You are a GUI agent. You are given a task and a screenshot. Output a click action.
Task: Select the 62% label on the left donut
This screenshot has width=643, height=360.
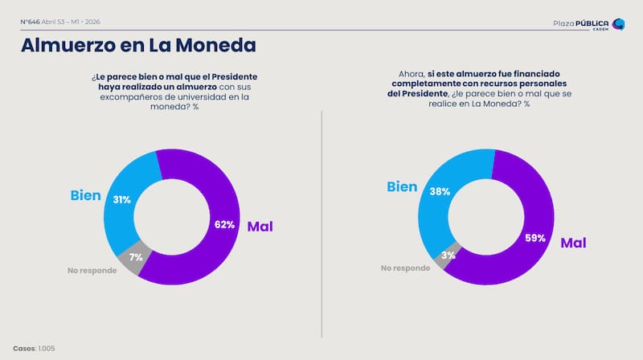pos(224,225)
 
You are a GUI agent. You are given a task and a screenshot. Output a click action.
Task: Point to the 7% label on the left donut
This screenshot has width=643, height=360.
pos(135,257)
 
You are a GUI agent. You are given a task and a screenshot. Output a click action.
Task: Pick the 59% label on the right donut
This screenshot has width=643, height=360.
pos(535,238)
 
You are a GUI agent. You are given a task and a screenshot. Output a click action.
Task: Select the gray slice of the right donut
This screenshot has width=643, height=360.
pos(444,256)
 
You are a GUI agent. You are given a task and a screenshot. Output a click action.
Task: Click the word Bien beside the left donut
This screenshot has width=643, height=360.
pos(86,194)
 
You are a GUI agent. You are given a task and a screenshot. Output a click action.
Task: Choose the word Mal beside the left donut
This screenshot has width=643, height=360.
pos(260,227)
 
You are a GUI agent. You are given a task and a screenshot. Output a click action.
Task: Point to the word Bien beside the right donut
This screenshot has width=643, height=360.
pos(402,187)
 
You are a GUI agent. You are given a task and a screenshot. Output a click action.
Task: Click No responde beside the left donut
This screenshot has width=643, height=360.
pos(92,270)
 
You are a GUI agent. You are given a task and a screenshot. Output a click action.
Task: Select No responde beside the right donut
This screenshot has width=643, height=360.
pos(406,268)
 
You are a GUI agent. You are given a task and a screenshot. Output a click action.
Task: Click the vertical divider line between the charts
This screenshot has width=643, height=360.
pos(322,225)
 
